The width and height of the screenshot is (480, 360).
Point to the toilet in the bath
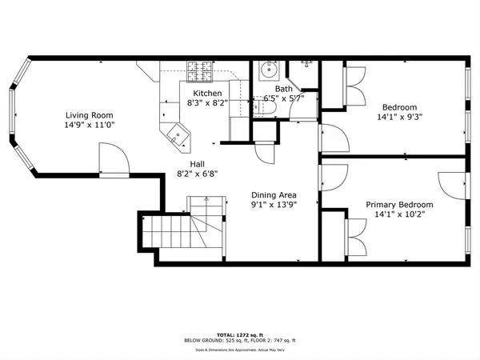coord(266,104)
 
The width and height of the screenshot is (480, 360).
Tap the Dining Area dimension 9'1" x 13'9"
coord(274,206)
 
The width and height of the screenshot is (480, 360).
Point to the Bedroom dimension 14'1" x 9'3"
coord(398,118)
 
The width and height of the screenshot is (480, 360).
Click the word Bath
coord(284,90)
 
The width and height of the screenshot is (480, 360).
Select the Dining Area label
coord(274,194)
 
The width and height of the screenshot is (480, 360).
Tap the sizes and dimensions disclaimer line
coord(239,350)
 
